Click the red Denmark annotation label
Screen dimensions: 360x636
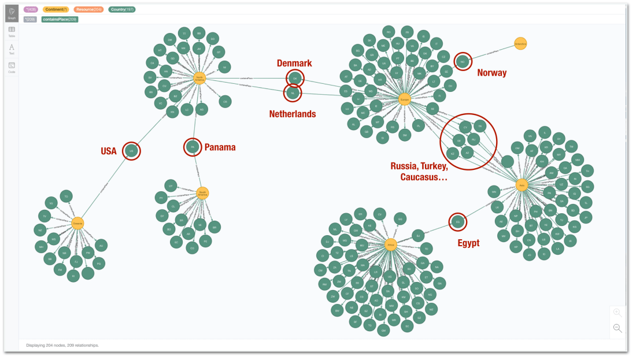point(294,63)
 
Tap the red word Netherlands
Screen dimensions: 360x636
point(292,114)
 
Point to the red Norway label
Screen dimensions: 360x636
point(491,73)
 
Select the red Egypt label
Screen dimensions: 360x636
point(468,243)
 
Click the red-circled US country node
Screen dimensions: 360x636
point(132,151)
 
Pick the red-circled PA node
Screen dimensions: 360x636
point(193,147)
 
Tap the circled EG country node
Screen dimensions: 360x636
point(457,221)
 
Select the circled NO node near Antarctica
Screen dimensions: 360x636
point(463,61)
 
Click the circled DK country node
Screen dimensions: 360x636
point(295,78)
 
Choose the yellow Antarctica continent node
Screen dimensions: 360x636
point(520,43)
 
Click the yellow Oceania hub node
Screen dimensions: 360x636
point(78,222)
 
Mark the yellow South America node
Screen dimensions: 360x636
point(202,192)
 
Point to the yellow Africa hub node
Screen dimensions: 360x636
point(391,245)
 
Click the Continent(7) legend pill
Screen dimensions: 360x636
point(56,10)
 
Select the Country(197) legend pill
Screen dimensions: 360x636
point(123,10)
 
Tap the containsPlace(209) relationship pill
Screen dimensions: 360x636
point(60,19)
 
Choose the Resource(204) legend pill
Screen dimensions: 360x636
point(88,10)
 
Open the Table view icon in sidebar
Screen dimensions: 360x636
point(12,31)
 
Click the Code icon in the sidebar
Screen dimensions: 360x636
point(12,67)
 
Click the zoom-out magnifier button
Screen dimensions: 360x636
point(617,328)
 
